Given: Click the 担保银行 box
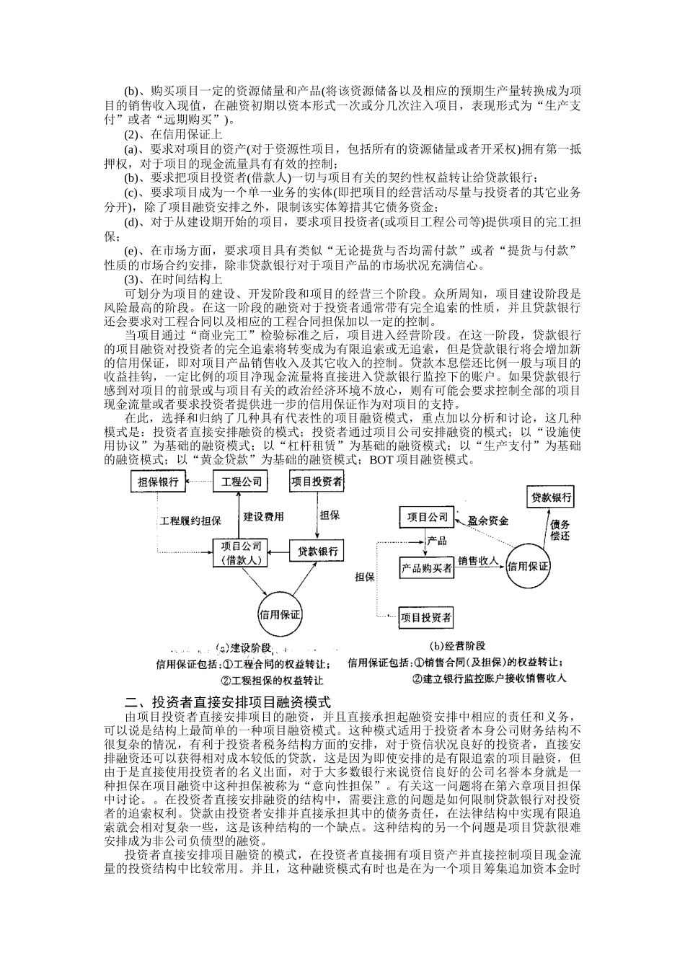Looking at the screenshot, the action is [x=158, y=482].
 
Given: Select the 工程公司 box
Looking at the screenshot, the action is [x=241, y=482].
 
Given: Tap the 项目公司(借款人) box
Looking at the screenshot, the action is [x=242, y=552].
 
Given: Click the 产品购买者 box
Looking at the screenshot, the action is [x=427, y=568].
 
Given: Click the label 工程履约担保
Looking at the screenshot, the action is [x=190, y=521].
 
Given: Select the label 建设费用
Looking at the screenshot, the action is [x=264, y=517].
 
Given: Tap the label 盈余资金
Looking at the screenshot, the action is [x=488, y=520].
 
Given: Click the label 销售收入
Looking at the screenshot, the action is [x=479, y=560].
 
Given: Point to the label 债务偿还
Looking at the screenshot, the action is [x=560, y=530].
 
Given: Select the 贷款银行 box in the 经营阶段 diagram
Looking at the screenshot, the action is [x=552, y=497].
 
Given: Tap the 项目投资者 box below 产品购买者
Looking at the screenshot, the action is [x=426, y=617].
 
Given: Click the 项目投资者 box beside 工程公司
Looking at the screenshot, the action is [x=317, y=482].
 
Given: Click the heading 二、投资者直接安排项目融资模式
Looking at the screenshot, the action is [x=227, y=702].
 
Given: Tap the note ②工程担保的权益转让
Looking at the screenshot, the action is [x=272, y=680].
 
